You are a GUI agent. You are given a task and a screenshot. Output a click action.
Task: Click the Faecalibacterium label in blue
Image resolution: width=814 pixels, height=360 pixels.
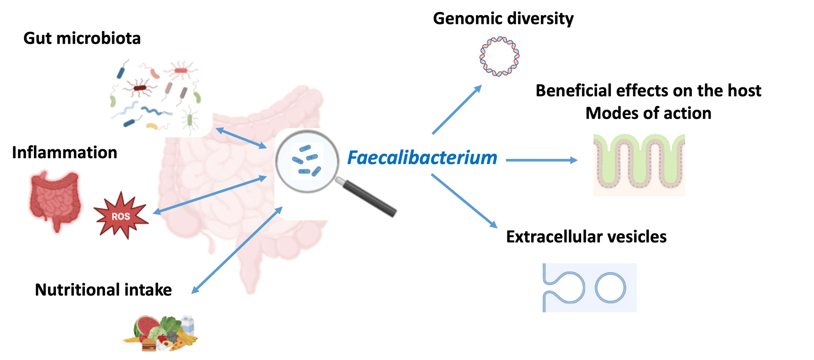pyautogui.click(x=422, y=158)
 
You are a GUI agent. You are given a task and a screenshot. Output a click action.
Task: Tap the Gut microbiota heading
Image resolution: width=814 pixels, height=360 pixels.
pyautogui.click(x=82, y=38)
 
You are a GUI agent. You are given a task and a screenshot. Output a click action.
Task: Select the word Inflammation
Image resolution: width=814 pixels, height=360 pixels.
pyautogui.click(x=64, y=153)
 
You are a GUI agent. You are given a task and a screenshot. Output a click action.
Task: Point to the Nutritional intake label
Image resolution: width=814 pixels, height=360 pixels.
pyautogui.click(x=103, y=290)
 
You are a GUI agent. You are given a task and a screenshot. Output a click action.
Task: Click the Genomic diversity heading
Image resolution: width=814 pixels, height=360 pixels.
pyautogui.click(x=503, y=19)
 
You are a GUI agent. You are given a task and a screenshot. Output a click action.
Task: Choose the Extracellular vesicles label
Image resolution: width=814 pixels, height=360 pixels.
pyautogui.click(x=586, y=237)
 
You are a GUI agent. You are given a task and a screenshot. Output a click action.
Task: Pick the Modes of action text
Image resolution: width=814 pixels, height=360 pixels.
pyautogui.click(x=648, y=113)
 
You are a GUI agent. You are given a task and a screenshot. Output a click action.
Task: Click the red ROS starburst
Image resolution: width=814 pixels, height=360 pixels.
pyautogui.click(x=121, y=216)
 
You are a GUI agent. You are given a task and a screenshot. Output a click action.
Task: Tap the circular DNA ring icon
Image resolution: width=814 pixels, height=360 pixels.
pyautogui.click(x=499, y=56)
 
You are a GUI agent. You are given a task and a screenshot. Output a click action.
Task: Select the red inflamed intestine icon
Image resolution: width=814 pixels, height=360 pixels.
pyautogui.click(x=55, y=199)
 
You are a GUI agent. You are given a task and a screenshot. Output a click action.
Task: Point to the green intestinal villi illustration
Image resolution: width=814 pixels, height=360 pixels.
pyautogui.click(x=639, y=165)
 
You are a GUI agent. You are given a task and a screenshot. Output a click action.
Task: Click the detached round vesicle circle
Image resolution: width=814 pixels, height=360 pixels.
pyautogui.click(x=610, y=287)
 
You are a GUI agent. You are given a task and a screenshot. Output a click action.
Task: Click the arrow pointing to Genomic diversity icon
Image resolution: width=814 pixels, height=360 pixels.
pyautogui.click(x=457, y=110)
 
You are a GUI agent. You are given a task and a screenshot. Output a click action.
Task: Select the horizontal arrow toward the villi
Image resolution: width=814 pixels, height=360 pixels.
pyautogui.click(x=541, y=160)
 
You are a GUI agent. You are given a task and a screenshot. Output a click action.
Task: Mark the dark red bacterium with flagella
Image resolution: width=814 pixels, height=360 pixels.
pyautogui.click(x=139, y=88)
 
